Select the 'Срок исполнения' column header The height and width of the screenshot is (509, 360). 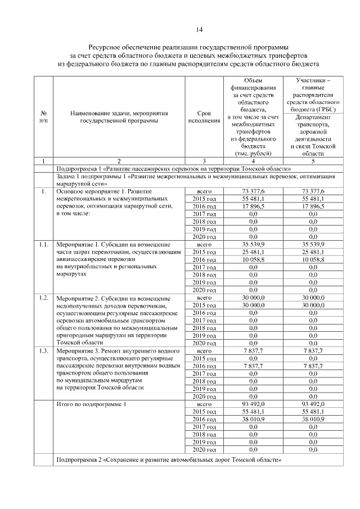point(204,116)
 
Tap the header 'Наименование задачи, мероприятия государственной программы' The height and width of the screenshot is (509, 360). point(119,116)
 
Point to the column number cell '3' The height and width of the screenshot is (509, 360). point(204,161)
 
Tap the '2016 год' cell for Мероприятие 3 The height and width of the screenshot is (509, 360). point(204,366)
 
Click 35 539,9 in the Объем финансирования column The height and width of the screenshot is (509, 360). point(252,245)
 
